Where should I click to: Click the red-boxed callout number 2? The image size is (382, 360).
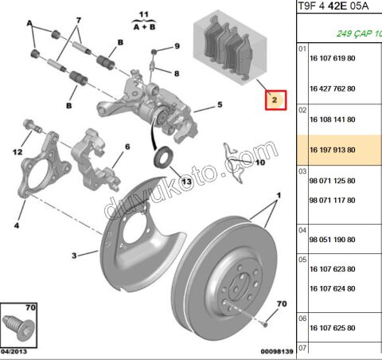[275, 100]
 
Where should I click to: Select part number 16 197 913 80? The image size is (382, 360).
[333, 150]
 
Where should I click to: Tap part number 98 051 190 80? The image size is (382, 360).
[332, 240]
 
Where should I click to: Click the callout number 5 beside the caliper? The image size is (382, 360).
[220, 104]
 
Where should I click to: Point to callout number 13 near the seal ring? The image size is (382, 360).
[186, 182]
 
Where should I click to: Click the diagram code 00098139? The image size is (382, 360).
[277, 351]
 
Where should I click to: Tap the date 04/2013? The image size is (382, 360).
[14, 351]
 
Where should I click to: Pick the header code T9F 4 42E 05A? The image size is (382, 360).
[333, 6]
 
